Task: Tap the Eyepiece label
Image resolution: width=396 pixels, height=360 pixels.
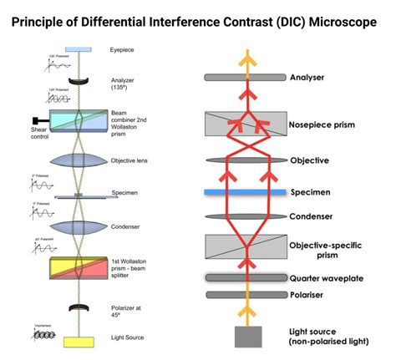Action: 122,50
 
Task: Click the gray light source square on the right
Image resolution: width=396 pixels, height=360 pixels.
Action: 247,337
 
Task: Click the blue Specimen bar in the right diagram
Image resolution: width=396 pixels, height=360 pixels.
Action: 247,192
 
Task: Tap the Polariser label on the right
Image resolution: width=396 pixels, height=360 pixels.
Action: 307,295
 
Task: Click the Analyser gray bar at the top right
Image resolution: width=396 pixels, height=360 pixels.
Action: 247,77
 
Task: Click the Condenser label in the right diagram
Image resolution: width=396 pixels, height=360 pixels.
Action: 312,217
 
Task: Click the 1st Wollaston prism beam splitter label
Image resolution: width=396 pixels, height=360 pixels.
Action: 129,269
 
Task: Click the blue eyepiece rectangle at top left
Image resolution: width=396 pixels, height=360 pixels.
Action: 79,50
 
